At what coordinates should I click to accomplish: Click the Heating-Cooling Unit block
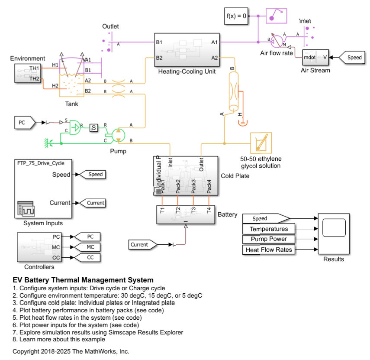[187, 49]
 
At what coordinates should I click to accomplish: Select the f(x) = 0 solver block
[237, 16]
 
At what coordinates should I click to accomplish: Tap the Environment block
[28, 73]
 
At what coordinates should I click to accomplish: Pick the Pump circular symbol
[118, 135]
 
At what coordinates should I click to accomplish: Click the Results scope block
[334, 233]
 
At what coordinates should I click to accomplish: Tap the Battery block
[186, 214]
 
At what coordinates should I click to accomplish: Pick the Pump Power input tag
[268, 239]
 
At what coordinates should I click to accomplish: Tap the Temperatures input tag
[268, 229]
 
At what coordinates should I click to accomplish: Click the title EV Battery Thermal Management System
[83, 280]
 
